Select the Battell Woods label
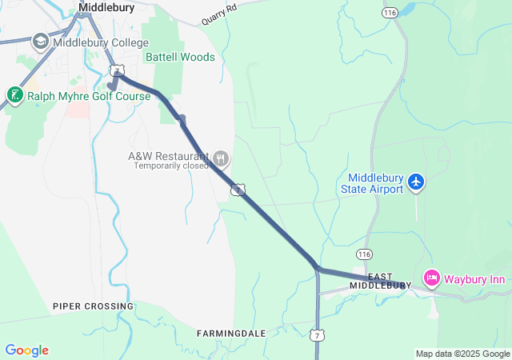click(180, 57)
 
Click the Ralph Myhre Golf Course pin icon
click(14, 96)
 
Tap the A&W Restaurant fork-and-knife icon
click(220, 158)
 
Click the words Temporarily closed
click(171, 166)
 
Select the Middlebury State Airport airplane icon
click(415, 182)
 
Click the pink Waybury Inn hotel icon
click(432, 278)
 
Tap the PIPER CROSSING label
click(93, 306)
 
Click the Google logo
click(26, 350)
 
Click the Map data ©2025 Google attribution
click(462, 354)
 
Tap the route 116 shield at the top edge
click(390, 14)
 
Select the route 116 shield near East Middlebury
click(365, 254)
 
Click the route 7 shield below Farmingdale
click(318, 334)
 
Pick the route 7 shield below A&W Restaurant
click(237, 189)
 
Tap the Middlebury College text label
click(100, 42)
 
